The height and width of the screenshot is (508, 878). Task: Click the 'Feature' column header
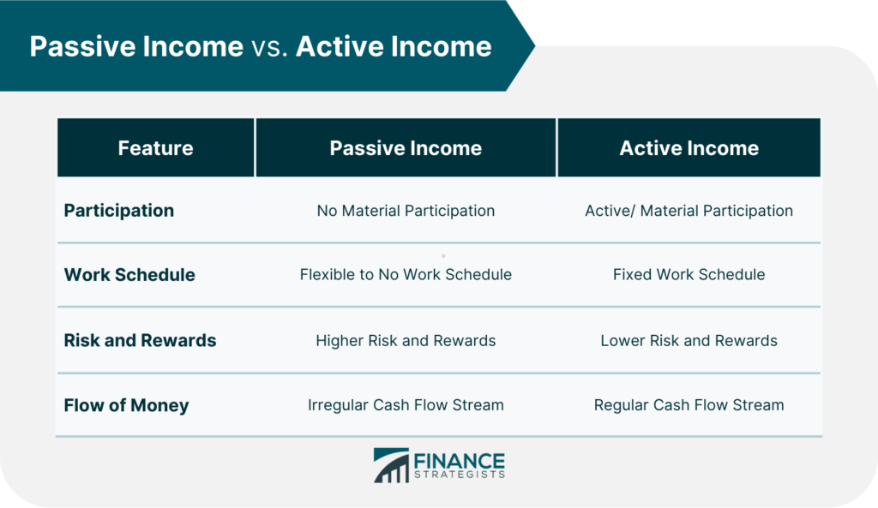coord(155,148)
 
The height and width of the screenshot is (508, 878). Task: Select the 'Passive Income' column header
coord(406,148)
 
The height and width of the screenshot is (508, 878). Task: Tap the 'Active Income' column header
coord(689,148)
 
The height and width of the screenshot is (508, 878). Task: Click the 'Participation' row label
coord(118,211)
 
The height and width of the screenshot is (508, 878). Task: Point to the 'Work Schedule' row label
coord(129,275)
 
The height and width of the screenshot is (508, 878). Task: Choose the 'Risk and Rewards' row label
coord(140,340)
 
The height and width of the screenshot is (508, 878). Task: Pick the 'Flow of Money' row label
coord(126,405)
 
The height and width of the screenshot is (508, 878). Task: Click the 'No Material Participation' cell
coord(406,211)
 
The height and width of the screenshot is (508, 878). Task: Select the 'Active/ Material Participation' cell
coord(689,211)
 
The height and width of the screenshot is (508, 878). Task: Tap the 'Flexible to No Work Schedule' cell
coord(406,275)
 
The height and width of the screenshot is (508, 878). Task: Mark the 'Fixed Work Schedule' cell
coord(689,275)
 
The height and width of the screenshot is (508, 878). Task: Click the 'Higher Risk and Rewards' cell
coord(406,341)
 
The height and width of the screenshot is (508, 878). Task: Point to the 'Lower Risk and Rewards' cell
coord(689,341)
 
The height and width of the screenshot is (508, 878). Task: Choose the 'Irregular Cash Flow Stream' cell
coord(406,405)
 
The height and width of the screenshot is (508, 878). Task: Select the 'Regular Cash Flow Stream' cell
coord(689,405)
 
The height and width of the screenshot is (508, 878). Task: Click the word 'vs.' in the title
coord(269,48)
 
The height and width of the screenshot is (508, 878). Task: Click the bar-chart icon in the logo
coord(391,465)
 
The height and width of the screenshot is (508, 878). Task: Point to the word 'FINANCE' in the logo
coord(460,461)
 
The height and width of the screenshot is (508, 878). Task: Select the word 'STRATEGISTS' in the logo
coord(460,475)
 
